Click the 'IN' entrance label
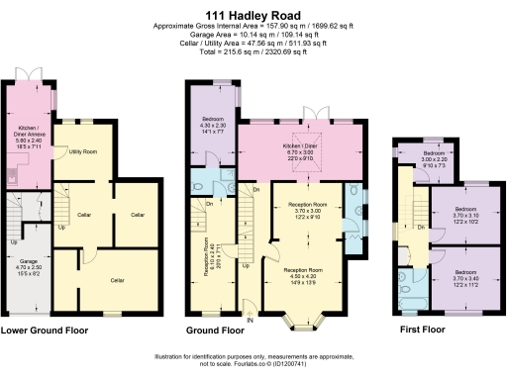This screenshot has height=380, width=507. (250, 320)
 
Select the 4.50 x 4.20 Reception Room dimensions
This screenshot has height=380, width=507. (304, 273)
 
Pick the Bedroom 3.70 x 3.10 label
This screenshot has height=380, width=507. (464, 216)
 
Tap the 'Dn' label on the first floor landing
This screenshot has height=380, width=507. (422, 227)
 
